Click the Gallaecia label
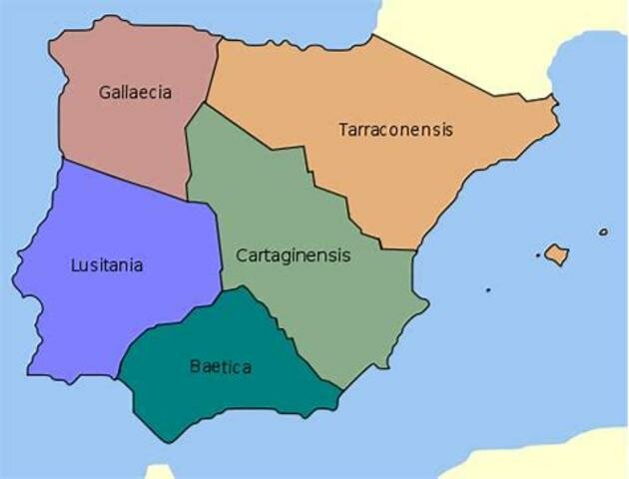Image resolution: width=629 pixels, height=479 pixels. pos(135,93)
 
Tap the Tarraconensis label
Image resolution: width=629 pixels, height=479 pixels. pos(395,130)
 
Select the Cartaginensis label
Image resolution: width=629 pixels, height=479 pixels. pos(294,255)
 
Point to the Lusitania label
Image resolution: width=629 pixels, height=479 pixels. pos(107,265)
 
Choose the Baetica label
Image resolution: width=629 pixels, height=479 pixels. pos(220,367)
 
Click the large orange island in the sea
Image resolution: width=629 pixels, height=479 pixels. pos(556,254)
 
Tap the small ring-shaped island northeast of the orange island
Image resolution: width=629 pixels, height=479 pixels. pos(603,233)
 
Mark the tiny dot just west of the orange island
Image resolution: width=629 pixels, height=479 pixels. pos(538,255)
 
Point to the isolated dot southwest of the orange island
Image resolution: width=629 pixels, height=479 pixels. pos(488,290)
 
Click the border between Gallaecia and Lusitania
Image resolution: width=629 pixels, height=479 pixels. pos(120,177)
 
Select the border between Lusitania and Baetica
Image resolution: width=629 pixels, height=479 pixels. pos(170,329)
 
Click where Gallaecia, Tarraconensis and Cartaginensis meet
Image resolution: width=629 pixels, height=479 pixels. pos(206,103)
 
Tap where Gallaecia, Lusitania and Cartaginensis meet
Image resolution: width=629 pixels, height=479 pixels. pos(188,197)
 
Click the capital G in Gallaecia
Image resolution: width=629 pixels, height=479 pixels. pos(105,93)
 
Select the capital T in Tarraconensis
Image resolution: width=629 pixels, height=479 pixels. pos(342,130)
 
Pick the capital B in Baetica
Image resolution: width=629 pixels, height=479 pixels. pos(195,367)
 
